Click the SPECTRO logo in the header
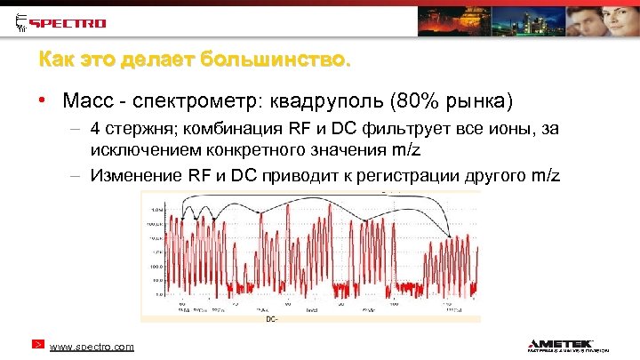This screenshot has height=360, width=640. point(61,22)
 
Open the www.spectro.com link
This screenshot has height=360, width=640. point(92,347)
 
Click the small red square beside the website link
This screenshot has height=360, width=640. point(37,343)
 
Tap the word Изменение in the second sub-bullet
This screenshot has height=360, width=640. point(136,174)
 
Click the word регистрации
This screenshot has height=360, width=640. point(412,174)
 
